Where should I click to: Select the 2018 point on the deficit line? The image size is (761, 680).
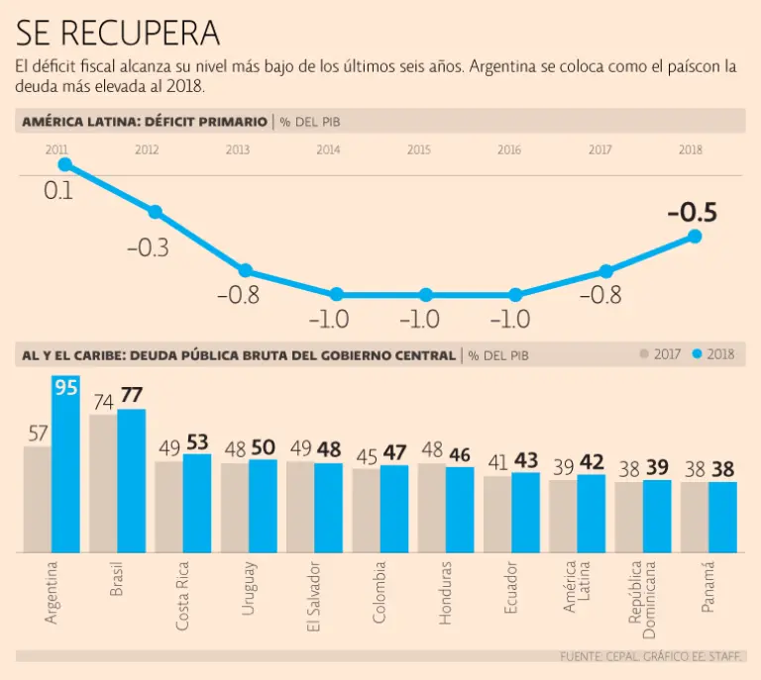pyautogui.click(x=695, y=236)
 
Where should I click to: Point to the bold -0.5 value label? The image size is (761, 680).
pyautogui.click(x=692, y=213)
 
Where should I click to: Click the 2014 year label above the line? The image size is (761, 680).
pyautogui.click(x=329, y=149)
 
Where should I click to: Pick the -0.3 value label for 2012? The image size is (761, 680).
pyautogui.click(x=149, y=247)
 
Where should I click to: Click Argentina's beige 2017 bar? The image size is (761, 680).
pyautogui.click(x=38, y=499)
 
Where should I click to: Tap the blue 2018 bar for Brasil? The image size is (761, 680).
pyautogui.click(x=132, y=480)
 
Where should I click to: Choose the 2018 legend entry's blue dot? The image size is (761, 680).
pyautogui.click(x=698, y=354)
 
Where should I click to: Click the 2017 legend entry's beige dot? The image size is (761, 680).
pyautogui.click(x=644, y=354)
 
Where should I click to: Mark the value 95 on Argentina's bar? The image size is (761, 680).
pyautogui.click(x=65, y=387)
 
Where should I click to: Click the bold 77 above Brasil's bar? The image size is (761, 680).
pyautogui.click(x=132, y=396)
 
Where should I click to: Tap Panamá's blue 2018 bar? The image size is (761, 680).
pyautogui.click(x=723, y=517)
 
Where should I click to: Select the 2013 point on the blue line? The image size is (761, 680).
pyautogui.click(x=246, y=271)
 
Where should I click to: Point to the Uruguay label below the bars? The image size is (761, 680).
pyautogui.click(x=249, y=589)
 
